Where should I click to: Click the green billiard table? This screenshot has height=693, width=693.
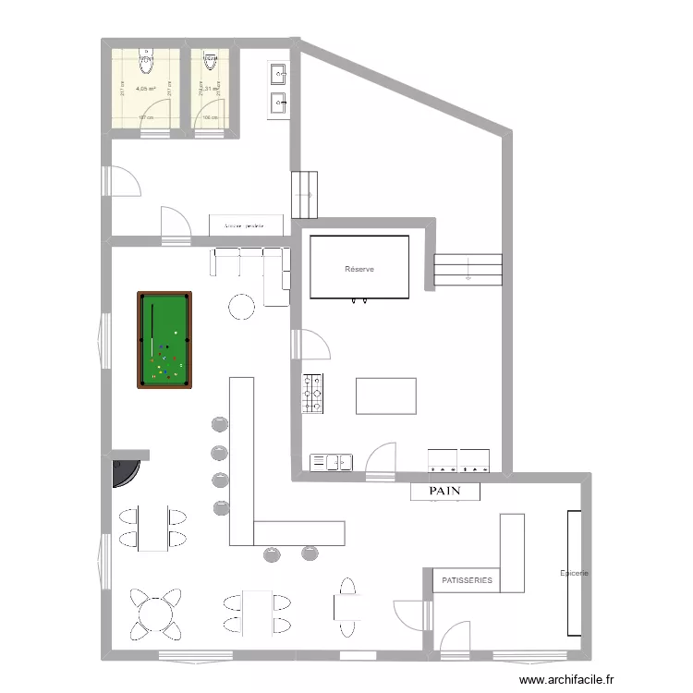165,339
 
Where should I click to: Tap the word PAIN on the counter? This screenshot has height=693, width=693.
445,492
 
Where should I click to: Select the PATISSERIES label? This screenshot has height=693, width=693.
467,580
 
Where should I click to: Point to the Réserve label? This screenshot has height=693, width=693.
359,269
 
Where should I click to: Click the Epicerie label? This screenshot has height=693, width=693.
575,573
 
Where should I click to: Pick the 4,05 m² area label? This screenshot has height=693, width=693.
145,90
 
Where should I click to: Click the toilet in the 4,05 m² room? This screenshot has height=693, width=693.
146,61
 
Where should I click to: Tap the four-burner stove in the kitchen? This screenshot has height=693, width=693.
313,393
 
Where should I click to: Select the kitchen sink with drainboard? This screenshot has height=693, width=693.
332,460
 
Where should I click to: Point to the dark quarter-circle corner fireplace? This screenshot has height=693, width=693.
123,471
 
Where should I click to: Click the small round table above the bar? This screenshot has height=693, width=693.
242,305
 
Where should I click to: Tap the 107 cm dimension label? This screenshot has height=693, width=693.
144,118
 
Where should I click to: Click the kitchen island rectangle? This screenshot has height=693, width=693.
386,395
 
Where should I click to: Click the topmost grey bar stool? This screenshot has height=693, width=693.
220,424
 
